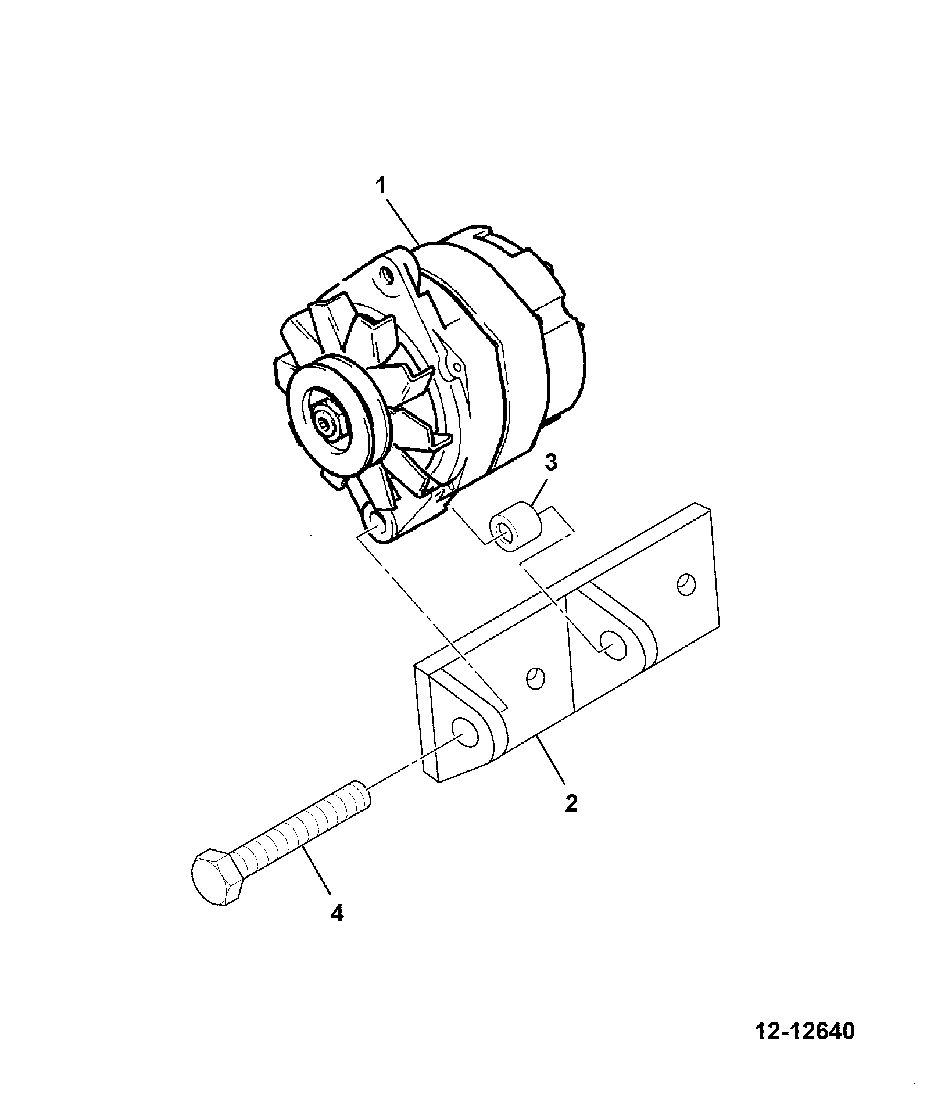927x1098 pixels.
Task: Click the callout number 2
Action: tap(571, 803)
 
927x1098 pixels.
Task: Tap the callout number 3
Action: tap(551, 447)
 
